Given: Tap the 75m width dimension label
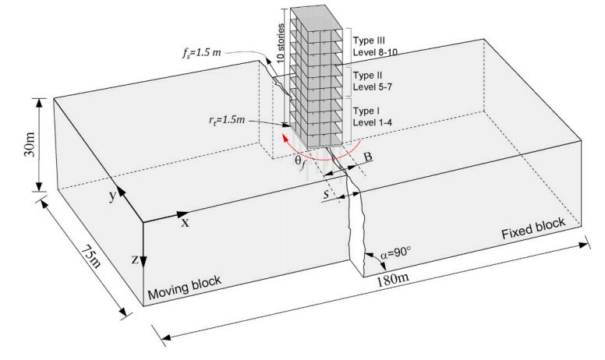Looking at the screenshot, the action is [91, 256].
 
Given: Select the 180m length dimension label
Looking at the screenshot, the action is [392, 279].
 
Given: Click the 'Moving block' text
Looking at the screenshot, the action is [184, 288].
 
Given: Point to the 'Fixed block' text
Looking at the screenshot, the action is [533, 228].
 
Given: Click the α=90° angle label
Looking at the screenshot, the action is [395, 252].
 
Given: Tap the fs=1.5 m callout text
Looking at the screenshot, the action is [201, 52].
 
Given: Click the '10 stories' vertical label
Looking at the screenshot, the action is [281, 42].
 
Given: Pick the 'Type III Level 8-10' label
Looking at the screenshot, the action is [375, 46].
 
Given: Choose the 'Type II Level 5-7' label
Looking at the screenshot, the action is [373, 81].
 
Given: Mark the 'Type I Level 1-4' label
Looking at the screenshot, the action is [373, 116].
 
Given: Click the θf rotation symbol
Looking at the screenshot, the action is [301, 161].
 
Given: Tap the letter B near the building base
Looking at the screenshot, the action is [368, 157].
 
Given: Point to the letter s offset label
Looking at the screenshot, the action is [327, 194].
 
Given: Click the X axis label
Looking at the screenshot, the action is [186, 223].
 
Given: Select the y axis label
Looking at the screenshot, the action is [112, 196].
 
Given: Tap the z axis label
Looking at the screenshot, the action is [135, 259].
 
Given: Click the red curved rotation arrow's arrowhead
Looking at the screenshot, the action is [285, 137].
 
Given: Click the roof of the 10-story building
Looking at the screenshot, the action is [317, 18].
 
